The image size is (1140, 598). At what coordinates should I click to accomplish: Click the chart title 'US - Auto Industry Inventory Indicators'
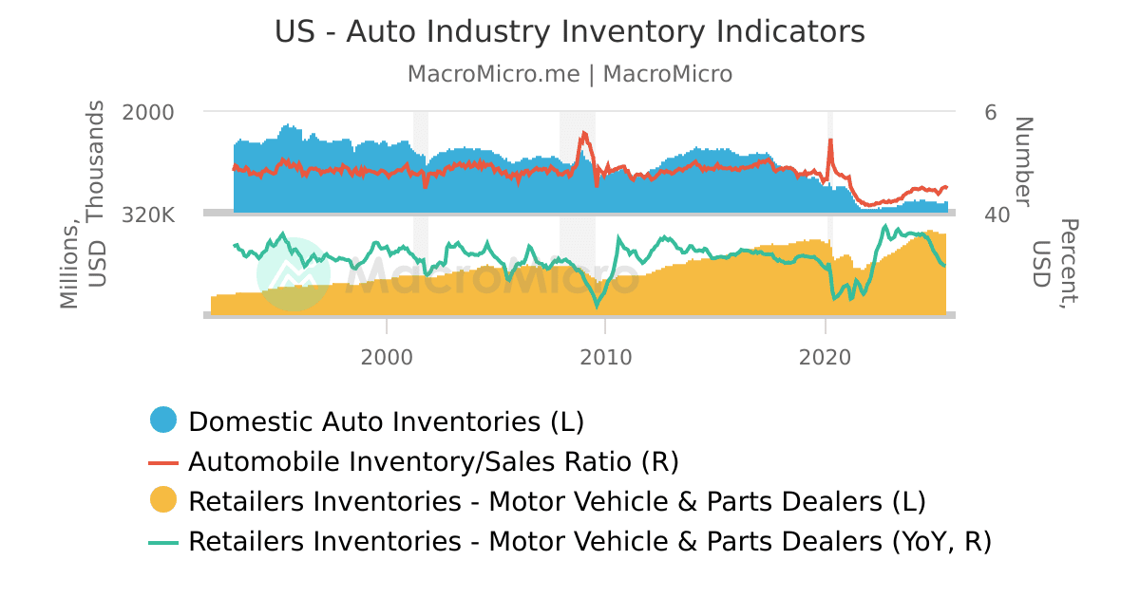(570, 31)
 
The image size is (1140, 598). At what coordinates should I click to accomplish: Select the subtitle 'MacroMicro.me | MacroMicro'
(570, 74)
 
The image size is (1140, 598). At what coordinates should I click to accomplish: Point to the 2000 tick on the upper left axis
(148, 112)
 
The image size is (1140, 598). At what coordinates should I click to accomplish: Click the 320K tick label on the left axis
(148, 215)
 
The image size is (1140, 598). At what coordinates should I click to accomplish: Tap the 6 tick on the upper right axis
(991, 112)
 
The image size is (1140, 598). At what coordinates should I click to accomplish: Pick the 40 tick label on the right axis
(997, 215)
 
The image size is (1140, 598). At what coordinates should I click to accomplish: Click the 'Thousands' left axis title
(97, 161)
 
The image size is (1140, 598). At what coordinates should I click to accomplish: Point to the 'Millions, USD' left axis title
(83, 266)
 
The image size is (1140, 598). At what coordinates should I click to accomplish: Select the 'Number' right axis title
(1022, 161)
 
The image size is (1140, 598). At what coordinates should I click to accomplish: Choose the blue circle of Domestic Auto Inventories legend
(164, 420)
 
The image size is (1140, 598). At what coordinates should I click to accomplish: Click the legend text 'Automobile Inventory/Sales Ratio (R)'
(433, 461)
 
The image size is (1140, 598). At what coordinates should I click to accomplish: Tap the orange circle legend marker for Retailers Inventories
(164, 501)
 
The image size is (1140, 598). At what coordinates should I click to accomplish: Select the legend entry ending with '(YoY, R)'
(589, 542)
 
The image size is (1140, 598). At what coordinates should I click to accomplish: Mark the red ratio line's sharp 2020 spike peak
(831, 140)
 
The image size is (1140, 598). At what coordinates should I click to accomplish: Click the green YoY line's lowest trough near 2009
(598, 306)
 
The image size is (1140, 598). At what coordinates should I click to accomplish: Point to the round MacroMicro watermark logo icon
(294, 274)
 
